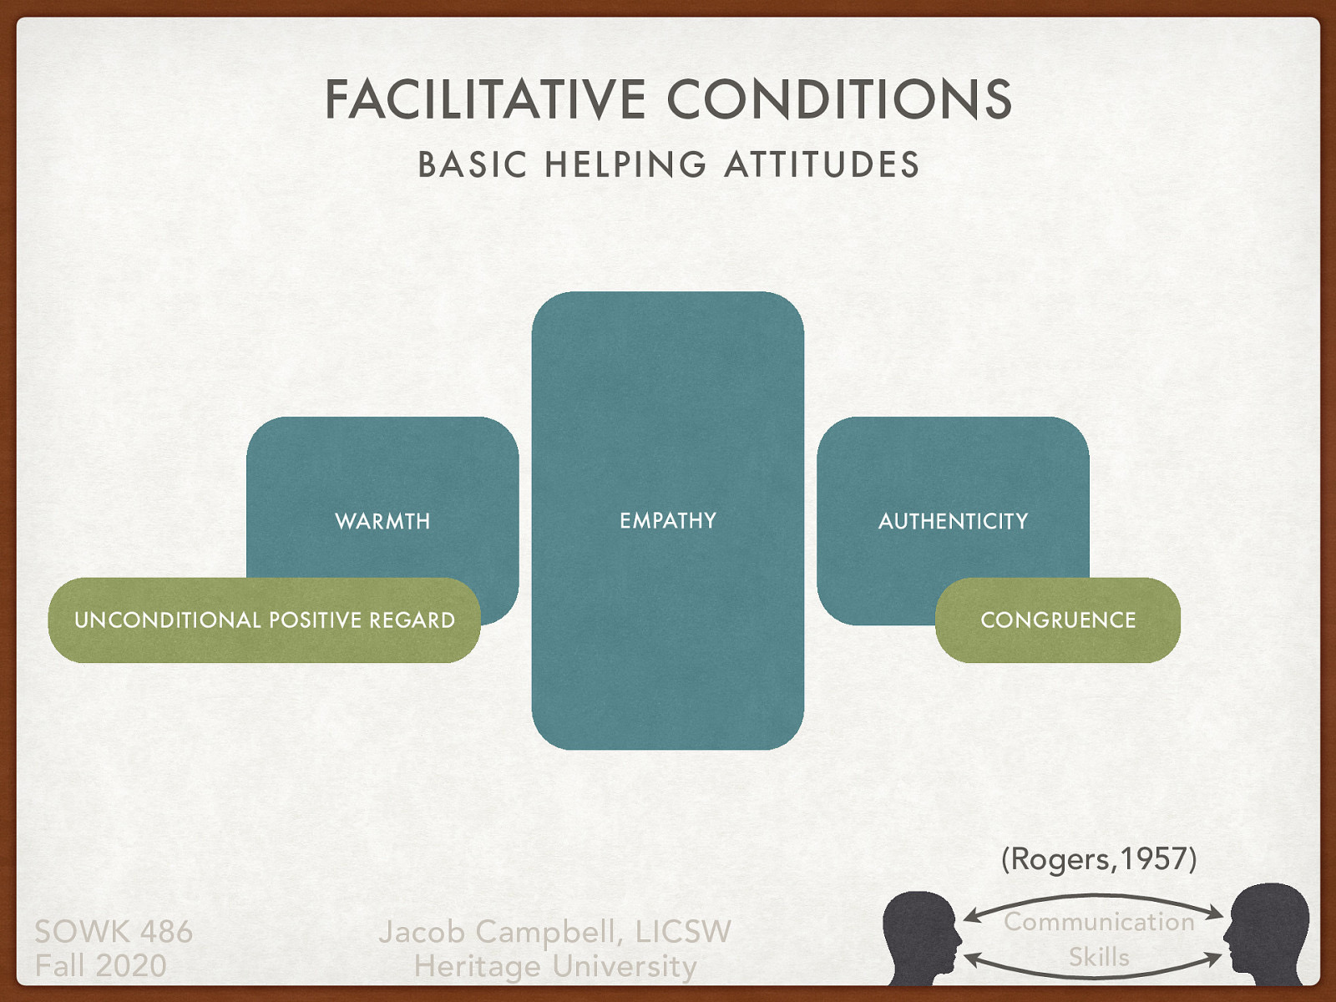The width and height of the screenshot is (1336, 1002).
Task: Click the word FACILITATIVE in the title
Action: click(484, 99)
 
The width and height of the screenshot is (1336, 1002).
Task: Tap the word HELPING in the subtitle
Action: click(625, 164)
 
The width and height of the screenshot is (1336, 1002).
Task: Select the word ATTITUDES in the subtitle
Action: click(822, 164)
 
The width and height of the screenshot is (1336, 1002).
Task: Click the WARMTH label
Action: click(382, 521)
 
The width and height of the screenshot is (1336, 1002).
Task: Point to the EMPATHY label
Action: click(668, 521)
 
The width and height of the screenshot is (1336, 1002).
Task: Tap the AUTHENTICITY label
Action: click(953, 521)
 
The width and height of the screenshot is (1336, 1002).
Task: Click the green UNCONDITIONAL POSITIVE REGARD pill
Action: click(264, 620)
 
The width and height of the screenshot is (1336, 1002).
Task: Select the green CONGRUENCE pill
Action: click(1058, 620)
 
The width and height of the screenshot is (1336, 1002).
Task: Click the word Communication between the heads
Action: click(1099, 922)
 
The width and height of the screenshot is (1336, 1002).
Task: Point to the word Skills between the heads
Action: click(1099, 957)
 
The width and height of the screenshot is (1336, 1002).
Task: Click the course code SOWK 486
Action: click(114, 931)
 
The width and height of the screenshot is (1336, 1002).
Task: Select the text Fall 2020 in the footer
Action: click(100, 966)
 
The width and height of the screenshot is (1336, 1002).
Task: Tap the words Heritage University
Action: click(555, 966)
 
